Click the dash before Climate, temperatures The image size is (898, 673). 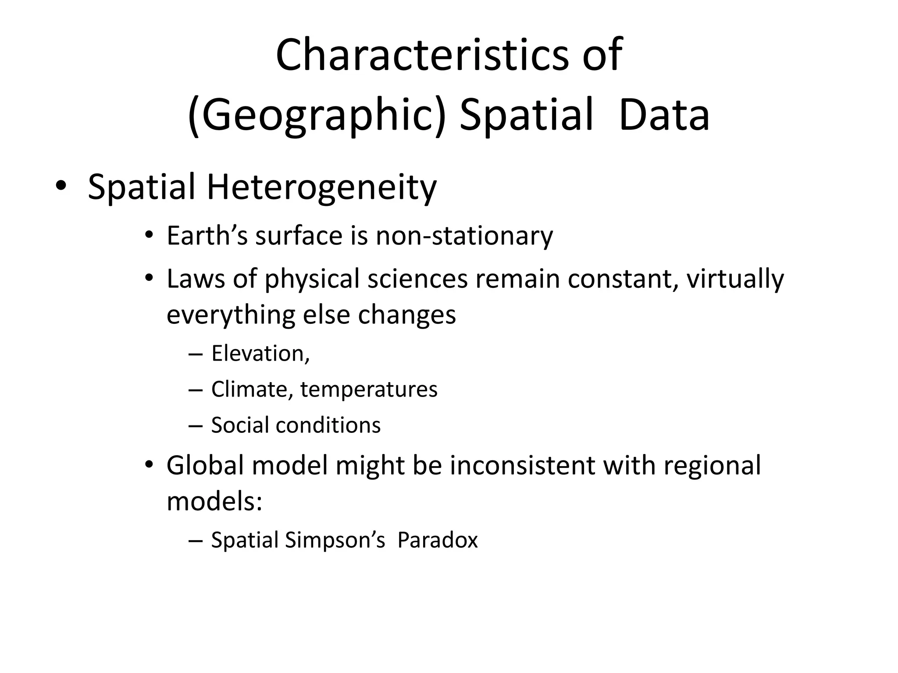[x=195, y=390]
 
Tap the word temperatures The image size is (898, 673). [x=369, y=390]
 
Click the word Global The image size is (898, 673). [x=205, y=465]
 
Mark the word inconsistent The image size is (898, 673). [x=522, y=465]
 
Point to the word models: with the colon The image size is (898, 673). [x=214, y=501]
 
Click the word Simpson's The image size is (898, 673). [x=335, y=540]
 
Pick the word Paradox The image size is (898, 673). [x=437, y=540]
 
